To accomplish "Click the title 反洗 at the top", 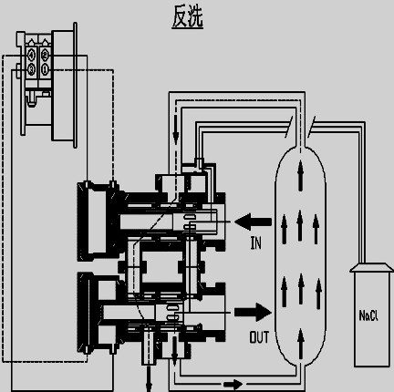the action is tap(187, 16).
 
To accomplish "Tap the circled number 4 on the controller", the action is tap(31, 56).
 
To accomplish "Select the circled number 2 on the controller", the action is tap(45, 55).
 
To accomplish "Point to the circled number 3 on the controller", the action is tap(31, 69).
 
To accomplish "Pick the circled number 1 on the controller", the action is tap(45, 69).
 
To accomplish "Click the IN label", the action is tap(255, 242).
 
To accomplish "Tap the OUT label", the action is tap(259, 337).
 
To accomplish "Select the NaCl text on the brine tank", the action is tap(368, 315).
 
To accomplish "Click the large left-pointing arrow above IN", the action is tap(253, 222).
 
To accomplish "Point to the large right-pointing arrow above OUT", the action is tap(253, 312).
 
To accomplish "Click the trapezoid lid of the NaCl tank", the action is tap(371, 267).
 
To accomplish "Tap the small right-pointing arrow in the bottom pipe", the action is tap(233, 385).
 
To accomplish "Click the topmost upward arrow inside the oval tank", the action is tap(301, 176).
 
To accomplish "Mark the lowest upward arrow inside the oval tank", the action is tap(301, 344).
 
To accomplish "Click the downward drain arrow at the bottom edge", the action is tap(149, 379).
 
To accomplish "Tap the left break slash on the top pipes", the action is tap(289, 127).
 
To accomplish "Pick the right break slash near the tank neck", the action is tap(311, 127).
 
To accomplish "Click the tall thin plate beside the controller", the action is tap(75, 85).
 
